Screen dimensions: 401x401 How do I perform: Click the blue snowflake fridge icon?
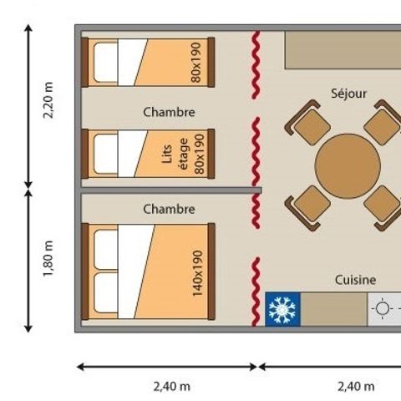282,309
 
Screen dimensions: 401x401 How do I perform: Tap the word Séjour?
348,94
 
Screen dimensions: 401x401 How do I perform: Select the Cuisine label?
355,280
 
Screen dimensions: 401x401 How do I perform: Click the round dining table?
348,166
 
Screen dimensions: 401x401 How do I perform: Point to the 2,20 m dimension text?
48,100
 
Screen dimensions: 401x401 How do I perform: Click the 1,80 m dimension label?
48,259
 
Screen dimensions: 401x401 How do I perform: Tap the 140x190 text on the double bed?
197,273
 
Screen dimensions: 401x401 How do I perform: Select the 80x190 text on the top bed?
195,63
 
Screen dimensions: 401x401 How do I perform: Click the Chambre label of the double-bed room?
169,209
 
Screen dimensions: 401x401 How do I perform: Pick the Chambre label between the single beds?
169,112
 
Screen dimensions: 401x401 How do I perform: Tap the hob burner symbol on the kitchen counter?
383,308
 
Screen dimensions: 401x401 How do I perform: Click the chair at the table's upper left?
308,123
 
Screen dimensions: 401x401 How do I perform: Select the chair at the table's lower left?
308,208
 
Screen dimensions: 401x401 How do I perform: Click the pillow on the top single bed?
106,63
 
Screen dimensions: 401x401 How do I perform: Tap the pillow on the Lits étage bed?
106,154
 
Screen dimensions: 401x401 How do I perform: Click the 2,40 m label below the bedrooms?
172,387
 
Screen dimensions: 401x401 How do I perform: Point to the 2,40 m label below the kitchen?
356,387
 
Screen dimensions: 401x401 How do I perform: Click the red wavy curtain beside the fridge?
256,292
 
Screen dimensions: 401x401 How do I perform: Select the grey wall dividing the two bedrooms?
171,190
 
